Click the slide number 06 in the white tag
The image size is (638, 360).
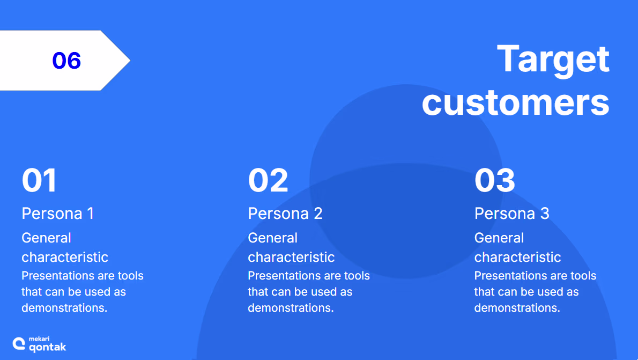click(x=66, y=60)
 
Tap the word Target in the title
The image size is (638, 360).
click(x=553, y=60)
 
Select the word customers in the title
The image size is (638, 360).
click(x=516, y=102)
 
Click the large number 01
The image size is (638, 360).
click(x=39, y=180)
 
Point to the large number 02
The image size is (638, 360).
click(x=268, y=180)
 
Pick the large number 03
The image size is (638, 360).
click(x=495, y=180)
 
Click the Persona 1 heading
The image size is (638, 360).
click(x=58, y=214)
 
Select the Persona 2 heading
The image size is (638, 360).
click(x=285, y=214)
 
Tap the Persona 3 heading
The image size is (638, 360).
click(x=512, y=214)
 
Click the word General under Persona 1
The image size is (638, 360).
click(x=47, y=238)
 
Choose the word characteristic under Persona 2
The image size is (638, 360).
click(x=291, y=257)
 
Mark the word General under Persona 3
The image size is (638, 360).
click(x=499, y=238)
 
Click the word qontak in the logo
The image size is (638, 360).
click(x=48, y=347)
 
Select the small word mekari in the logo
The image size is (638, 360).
click(x=39, y=339)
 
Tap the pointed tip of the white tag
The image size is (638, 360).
click(x=130, y=60)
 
